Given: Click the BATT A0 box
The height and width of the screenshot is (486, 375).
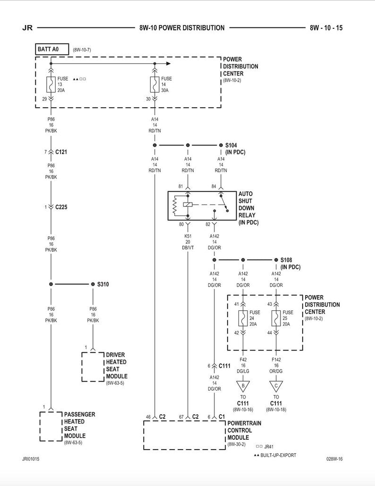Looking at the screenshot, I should [x=52, y=49].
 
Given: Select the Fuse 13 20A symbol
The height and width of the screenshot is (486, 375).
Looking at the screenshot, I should [x=50, y=84].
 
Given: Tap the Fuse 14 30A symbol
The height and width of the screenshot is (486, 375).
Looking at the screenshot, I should [x=154, y=84].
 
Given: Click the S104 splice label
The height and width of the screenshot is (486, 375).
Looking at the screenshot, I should [x=231, y=145].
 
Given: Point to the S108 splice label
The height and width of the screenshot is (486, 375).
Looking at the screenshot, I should [x=287, y=260].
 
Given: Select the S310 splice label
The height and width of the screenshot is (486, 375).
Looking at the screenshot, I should [x=103, y=284].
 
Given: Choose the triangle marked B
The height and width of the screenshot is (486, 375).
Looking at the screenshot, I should [x=243, y=385].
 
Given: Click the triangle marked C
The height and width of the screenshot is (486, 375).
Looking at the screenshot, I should [x=276, y=385].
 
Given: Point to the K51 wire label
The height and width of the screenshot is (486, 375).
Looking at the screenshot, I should [x=188, y=235].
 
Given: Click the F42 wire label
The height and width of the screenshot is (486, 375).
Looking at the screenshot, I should [x=243, y=359].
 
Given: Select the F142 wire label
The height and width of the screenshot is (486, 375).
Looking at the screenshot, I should [x=276, y=359].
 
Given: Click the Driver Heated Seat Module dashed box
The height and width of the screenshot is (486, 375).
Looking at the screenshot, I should [x=93, y=367].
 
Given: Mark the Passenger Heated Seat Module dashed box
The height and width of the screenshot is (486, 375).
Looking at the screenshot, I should [x=50, y=426].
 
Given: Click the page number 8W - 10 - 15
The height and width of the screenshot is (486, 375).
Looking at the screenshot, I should [x=326, y=28].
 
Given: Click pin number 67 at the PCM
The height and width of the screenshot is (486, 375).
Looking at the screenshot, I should [x=181, y=417].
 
